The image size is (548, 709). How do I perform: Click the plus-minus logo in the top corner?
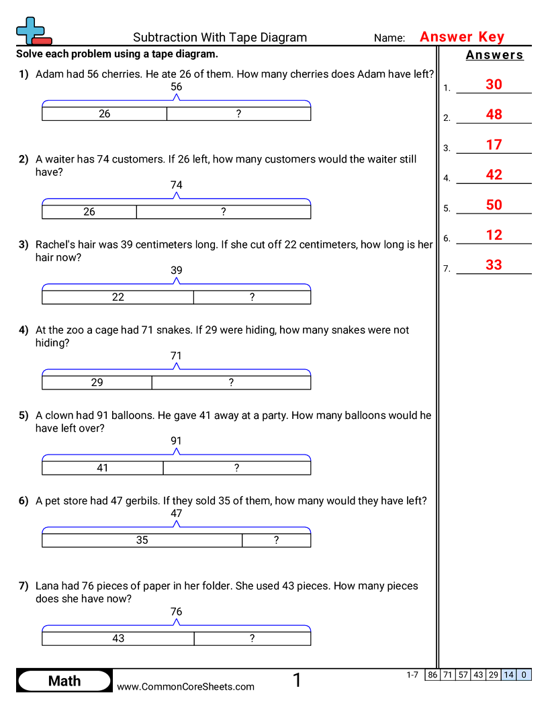pos(33,31)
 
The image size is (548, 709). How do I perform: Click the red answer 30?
pos(494,85)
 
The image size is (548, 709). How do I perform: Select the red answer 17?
pos(494,145)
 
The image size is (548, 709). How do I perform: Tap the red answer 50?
pos(494,205)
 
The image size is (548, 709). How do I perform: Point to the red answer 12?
pos(494,236)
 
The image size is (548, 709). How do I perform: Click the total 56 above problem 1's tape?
pos(176,87)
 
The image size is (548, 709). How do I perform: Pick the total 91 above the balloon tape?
pos(176,441)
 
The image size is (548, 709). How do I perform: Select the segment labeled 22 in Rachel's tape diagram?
pos(118,297)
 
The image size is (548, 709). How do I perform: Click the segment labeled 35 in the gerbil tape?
pos(142,540)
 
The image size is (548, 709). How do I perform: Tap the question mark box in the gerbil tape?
pos(276,540)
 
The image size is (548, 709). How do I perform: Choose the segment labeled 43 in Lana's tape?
pos(118,639)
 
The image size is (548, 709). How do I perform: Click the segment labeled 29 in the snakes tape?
pos(97,383)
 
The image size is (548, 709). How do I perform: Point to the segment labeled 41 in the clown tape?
pos(103,468)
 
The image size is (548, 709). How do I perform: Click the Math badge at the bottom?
pos(64,681)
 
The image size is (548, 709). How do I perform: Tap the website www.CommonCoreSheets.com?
pos(186,687)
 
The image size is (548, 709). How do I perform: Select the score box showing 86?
pos(432,675)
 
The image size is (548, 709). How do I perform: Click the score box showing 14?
pos(509,675)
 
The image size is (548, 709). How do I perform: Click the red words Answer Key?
pos(462,38)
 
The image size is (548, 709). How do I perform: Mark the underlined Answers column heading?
pos(494,56)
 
